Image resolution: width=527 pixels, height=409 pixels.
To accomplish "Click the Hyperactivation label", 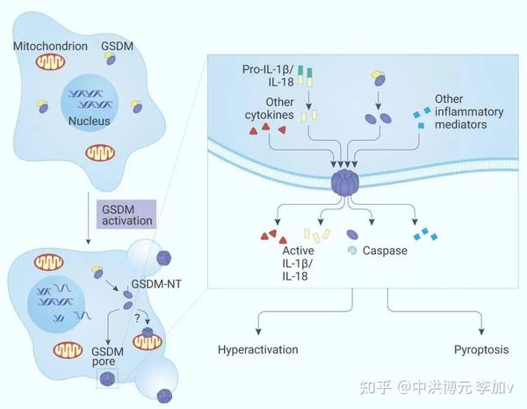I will [257, 349].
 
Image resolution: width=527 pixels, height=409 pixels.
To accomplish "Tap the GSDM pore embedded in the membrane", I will [345, 184].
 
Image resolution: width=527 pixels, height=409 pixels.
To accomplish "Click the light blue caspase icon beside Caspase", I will [353, 251].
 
